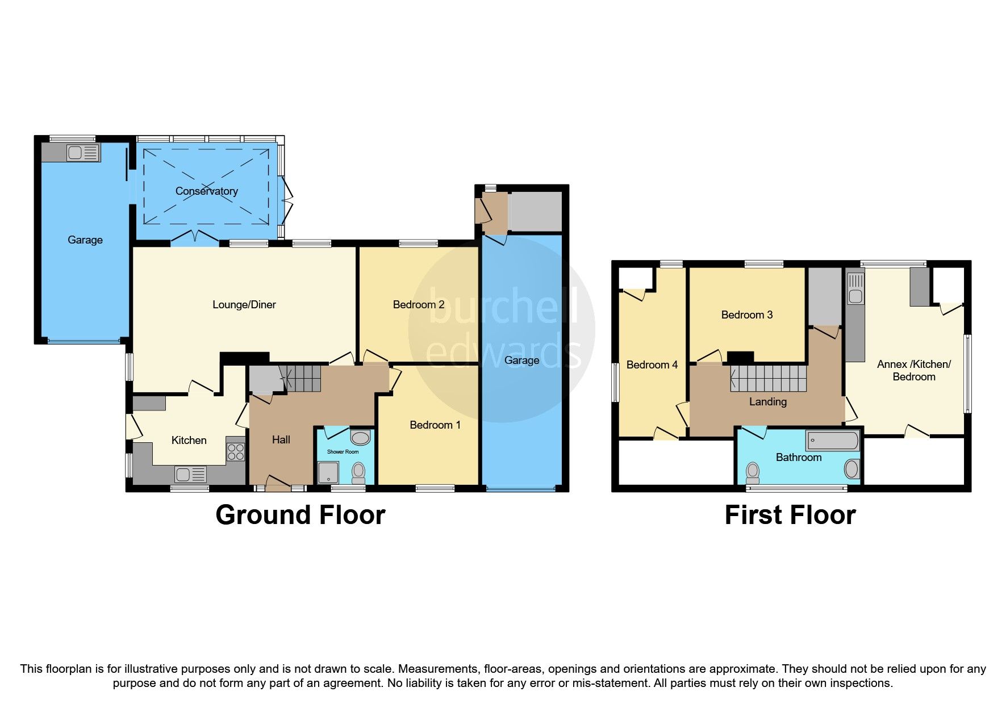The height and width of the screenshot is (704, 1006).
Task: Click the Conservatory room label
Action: point(206,191)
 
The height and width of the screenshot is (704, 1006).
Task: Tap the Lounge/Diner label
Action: point(244,305)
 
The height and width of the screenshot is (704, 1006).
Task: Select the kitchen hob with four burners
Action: point(236,452)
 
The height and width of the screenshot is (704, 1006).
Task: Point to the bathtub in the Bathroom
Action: point(832,441)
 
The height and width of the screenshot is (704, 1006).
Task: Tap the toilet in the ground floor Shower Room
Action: point(358,471)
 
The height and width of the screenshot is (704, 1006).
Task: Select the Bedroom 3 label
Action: point(746,315)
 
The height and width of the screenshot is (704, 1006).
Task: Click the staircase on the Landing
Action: point(768,379)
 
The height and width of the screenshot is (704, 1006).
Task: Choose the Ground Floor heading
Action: point(300,515)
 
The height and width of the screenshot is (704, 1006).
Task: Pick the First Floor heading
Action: point(790,515)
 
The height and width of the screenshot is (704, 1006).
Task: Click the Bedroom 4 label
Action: point(652,365)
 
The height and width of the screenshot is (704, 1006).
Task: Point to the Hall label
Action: point(281,440)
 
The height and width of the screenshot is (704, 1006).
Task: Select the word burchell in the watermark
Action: point(502,307)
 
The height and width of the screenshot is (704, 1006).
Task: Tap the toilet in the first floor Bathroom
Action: point(753,471)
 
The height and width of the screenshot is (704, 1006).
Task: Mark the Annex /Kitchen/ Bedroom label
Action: point(913,371)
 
